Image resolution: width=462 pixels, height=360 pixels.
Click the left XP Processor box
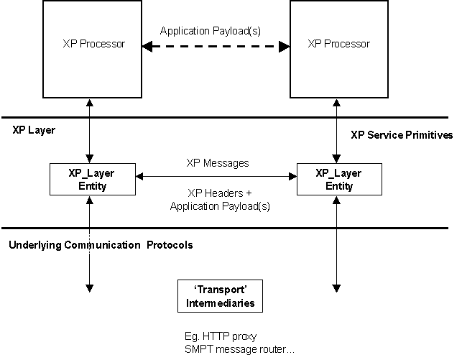[89, 48]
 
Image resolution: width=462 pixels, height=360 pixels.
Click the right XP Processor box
[338, 48]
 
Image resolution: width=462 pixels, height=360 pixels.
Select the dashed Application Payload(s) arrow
[216, 47]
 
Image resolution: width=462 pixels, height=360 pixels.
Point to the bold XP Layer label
[33, 131]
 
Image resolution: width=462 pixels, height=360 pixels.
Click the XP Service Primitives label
[402, 134]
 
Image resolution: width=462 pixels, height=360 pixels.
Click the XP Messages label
[217, 163]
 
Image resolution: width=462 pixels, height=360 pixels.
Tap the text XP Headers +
[217, 193]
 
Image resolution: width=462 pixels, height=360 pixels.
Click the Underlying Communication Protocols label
[101, 244]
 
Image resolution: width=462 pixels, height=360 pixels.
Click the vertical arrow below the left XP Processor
[89, 129]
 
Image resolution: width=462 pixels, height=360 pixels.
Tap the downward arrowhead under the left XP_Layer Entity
[89, 287]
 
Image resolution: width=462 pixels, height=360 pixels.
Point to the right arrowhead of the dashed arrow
[284, 47]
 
